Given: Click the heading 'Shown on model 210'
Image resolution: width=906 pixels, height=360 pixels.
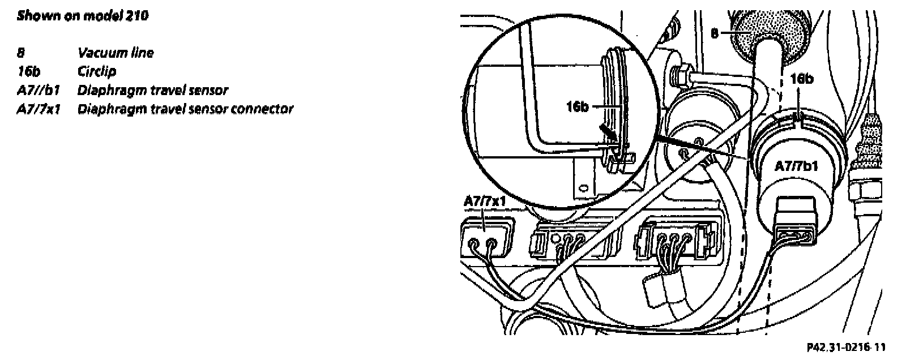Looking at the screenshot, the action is (x=83, y=15).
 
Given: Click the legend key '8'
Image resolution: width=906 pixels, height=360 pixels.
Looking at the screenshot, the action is (x=21, y=53).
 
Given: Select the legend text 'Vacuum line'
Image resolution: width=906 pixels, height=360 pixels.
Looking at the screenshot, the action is (x=115, y=53).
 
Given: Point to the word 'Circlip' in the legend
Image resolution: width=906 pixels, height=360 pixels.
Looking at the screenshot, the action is (x=96, y=71).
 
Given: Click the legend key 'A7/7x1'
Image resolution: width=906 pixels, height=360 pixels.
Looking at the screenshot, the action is (x=39, y=109).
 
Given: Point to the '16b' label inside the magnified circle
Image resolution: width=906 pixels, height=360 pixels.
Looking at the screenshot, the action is (x=578, y=106).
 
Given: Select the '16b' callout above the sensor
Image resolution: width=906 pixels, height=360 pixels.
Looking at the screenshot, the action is (x=801, y=79).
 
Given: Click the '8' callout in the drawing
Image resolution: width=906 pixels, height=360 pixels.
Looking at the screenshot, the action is (x=715, y=34).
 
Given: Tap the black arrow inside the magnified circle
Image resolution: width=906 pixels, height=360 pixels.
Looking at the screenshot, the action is (x=607, y=132).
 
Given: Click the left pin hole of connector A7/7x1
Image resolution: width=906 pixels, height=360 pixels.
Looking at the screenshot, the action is (x=475, y=245).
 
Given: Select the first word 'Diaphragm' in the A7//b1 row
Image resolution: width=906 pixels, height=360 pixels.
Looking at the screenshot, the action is (x=105, y=90).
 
